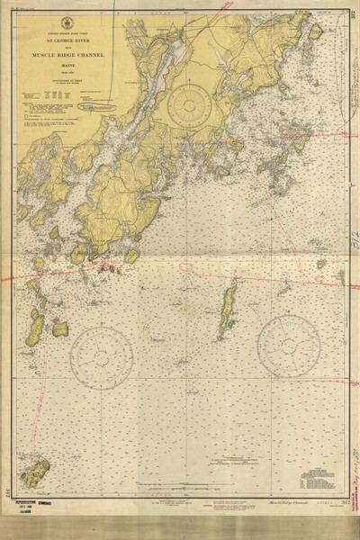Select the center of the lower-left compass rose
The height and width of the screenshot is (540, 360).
[x=101, y=356]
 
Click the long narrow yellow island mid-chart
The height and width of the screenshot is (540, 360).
[x=227, y=310]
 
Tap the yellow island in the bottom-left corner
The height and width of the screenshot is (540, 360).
[x=37, y=472]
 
